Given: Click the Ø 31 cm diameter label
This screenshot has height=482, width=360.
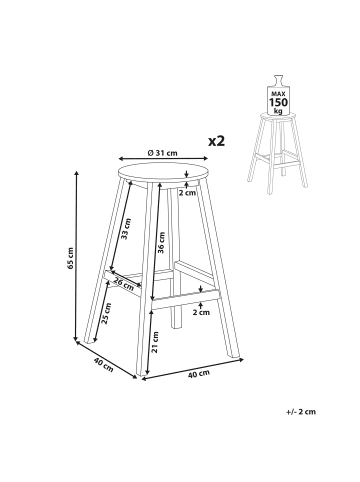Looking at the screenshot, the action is pos(162,153).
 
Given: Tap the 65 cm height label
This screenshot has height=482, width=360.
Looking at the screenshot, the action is pos(70,258).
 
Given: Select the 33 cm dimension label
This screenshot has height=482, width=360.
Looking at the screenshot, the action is pos(126,229).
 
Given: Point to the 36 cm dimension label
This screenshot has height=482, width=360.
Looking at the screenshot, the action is pos(161,243).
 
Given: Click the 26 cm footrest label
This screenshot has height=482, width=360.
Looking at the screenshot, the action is pos(123,283).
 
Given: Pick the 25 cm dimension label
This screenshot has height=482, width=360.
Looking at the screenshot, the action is pos(107,314).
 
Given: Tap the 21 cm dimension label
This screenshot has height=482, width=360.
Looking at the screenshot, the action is pos(155,342).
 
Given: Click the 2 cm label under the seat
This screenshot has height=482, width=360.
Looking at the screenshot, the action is pos(187,193).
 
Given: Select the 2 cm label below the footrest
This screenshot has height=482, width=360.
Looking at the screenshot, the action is pos(201,312).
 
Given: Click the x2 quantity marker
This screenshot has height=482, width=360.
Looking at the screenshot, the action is pos(217,141).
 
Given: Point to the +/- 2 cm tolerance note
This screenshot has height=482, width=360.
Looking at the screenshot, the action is pos(301,412).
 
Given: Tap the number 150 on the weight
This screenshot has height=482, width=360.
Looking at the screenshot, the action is pos(278,102).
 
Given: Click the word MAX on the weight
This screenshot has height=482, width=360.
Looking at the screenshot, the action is pos(278,94).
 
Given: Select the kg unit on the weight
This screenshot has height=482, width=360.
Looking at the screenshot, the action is pos(278,111).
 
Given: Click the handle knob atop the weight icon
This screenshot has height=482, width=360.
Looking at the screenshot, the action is pos(278,81).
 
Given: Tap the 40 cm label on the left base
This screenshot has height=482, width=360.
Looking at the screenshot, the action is pos(103,365).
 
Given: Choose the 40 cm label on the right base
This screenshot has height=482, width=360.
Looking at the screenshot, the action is pos(199,374).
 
